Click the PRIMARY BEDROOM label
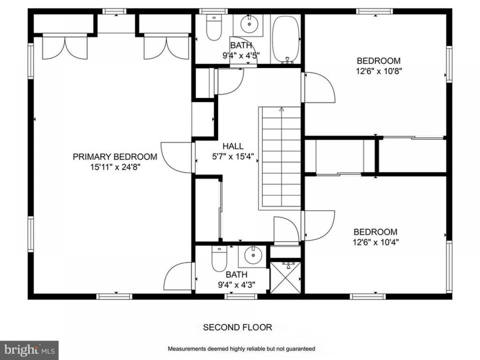[x=115, y=157]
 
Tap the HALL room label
[x=233, y=146]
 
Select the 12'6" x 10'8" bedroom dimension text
[x=379, y=71]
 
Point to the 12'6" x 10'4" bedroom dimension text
[x=376, y=242]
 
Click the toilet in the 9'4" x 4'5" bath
[x=214, y=27]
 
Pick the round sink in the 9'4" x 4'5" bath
[x=249, y=24]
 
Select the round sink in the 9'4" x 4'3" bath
[x=253, y=255]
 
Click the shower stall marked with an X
[x=286, y=277]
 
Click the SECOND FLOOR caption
[x=238, y=327]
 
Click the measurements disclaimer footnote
[x=242, y=348]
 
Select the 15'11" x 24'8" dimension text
[x=115, y=167]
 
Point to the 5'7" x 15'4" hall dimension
[x=233, y=157]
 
